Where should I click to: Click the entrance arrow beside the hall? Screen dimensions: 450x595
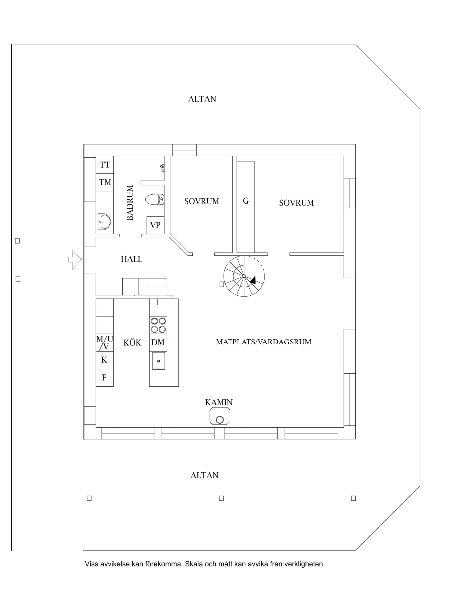(x=75, y=260)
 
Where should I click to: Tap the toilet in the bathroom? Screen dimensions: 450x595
(x=155, y=200)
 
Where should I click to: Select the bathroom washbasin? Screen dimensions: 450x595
(x=104, y=222)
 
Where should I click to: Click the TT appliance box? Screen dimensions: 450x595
(x=105, y=165)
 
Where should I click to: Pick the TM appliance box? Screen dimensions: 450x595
(x=105, y=182)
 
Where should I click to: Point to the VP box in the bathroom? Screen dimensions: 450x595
(x=155, y=225)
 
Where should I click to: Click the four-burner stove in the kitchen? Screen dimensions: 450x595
(x=158, y=325)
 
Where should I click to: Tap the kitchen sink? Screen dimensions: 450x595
(x=158, y=361)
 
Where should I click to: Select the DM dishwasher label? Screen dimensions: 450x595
(x=158, y=342)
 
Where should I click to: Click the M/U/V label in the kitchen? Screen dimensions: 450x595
(x=105, y=343)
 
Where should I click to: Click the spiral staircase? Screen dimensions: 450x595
(x=244, y=276)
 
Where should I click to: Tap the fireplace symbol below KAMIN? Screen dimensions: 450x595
(x=220, y=416)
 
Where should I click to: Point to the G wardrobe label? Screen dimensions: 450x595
(x=246, y=201)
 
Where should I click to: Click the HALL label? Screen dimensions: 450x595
(x=131, y=259)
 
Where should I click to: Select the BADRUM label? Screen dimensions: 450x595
(x=130, y=203)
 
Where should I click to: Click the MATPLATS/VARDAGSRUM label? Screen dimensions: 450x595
(x=264, y=342)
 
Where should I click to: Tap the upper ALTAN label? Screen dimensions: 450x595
(x=202, y=99)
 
